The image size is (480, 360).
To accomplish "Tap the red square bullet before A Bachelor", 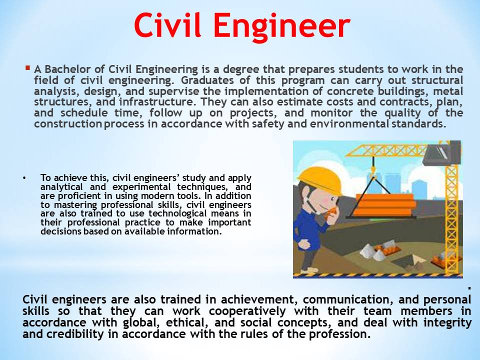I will [27, 67].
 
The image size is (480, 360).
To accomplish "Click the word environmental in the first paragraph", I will [349, 124].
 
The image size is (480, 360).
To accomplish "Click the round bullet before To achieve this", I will [23, 178].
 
